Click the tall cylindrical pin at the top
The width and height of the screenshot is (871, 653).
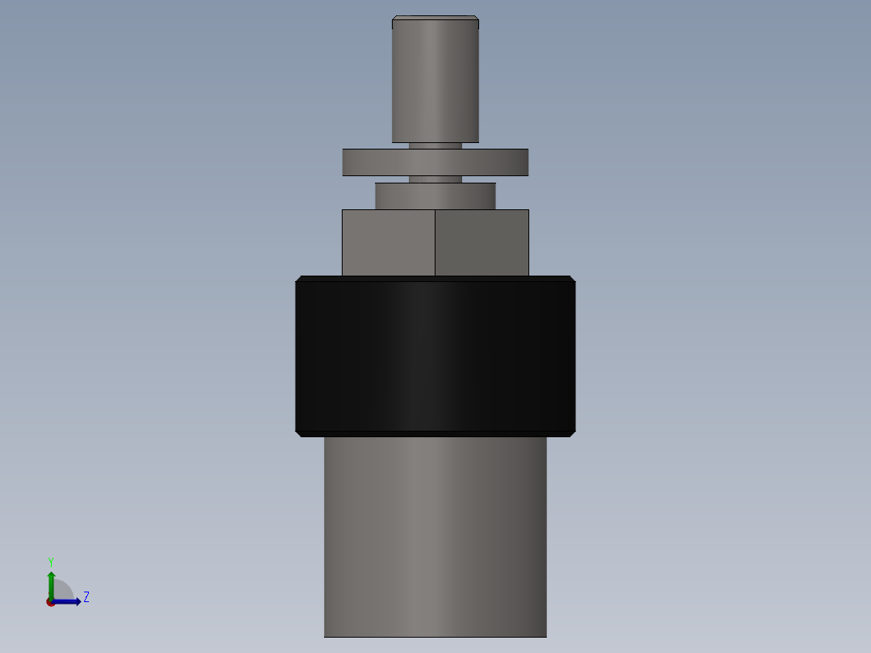(435, 81)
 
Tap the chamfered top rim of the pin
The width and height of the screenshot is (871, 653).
(435, 18)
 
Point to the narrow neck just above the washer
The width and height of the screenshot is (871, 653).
(435, 145)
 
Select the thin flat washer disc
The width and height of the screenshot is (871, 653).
(435, 162)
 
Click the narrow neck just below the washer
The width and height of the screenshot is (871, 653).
(435, 179)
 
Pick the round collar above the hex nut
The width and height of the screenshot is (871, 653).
(435, 196)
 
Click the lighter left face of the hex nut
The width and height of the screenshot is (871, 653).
(388, 242)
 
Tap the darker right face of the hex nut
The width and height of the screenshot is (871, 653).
(482, 242)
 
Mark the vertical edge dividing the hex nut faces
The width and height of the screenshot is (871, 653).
(435, 242)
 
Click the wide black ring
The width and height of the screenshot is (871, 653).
(435, 356)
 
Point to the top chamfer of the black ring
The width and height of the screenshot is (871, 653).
(435, 279)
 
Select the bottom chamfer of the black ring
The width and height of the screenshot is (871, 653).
(435, 433)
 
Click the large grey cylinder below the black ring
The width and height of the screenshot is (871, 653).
(435, 533)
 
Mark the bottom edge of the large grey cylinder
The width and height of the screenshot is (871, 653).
(435, 636)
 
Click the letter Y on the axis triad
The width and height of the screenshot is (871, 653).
(50, 561)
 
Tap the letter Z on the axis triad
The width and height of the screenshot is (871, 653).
(86, 597)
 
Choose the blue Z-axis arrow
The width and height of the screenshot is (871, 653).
(69, 601)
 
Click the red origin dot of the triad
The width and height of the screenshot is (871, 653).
(50, 602)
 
